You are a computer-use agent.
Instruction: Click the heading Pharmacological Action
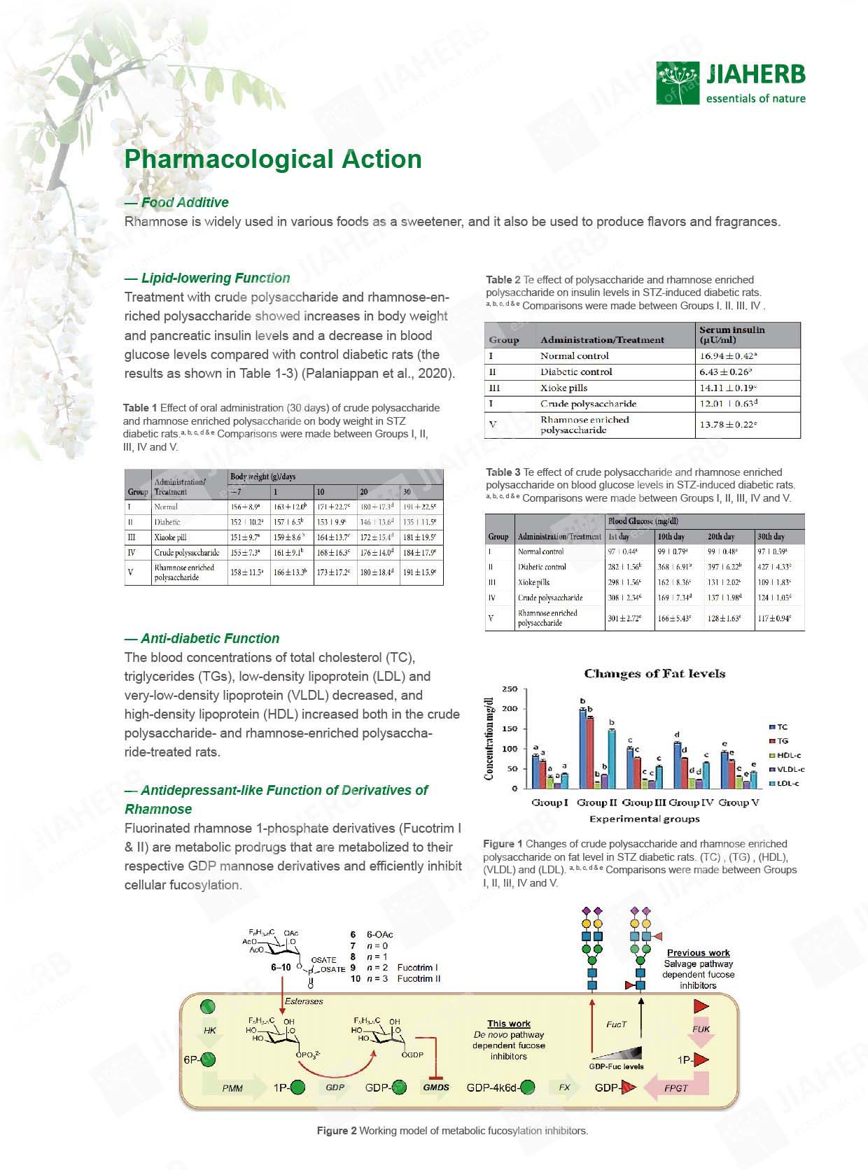point(273,159)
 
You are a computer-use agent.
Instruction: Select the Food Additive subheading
point(184,202)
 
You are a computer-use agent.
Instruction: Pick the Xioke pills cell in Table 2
point(563,388)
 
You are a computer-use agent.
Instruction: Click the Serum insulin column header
point(731,334)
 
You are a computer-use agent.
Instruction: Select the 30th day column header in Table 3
point(771,537)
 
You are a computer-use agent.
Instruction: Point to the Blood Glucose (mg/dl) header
point(643,521)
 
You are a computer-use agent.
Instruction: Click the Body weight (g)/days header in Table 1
point(263,477)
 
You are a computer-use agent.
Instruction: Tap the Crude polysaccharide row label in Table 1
point(186,553)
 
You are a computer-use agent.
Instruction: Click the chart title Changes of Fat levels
point(654,674)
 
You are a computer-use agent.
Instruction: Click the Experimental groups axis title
point(644,819)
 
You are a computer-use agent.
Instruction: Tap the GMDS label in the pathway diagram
point(435,1087)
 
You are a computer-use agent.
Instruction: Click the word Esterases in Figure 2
point(304,1001)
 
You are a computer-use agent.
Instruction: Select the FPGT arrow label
point(675,1088)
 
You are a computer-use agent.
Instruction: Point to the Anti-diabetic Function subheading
point(209,638)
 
